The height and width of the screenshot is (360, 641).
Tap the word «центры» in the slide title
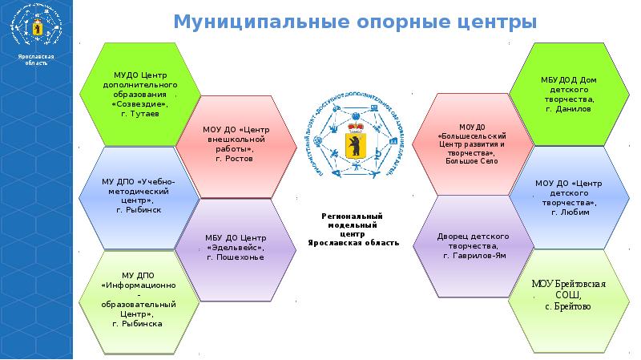(x=498, y=22)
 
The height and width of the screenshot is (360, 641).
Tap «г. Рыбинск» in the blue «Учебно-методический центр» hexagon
(x=139, y=208)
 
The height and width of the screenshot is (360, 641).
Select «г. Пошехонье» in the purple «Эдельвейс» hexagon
(x=235, y=257)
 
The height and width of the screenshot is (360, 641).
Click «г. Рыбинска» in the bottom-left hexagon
(x=139, y=324)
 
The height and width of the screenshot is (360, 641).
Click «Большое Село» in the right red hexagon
(x=473, y=161)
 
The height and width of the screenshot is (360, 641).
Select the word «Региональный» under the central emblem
(x=352, y=216)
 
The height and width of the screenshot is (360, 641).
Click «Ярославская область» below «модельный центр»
(x=352, y=241)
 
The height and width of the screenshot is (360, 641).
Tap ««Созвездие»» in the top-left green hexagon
(x=139, y=104)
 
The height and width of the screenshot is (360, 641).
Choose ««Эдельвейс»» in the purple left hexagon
(x=235, y=248)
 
